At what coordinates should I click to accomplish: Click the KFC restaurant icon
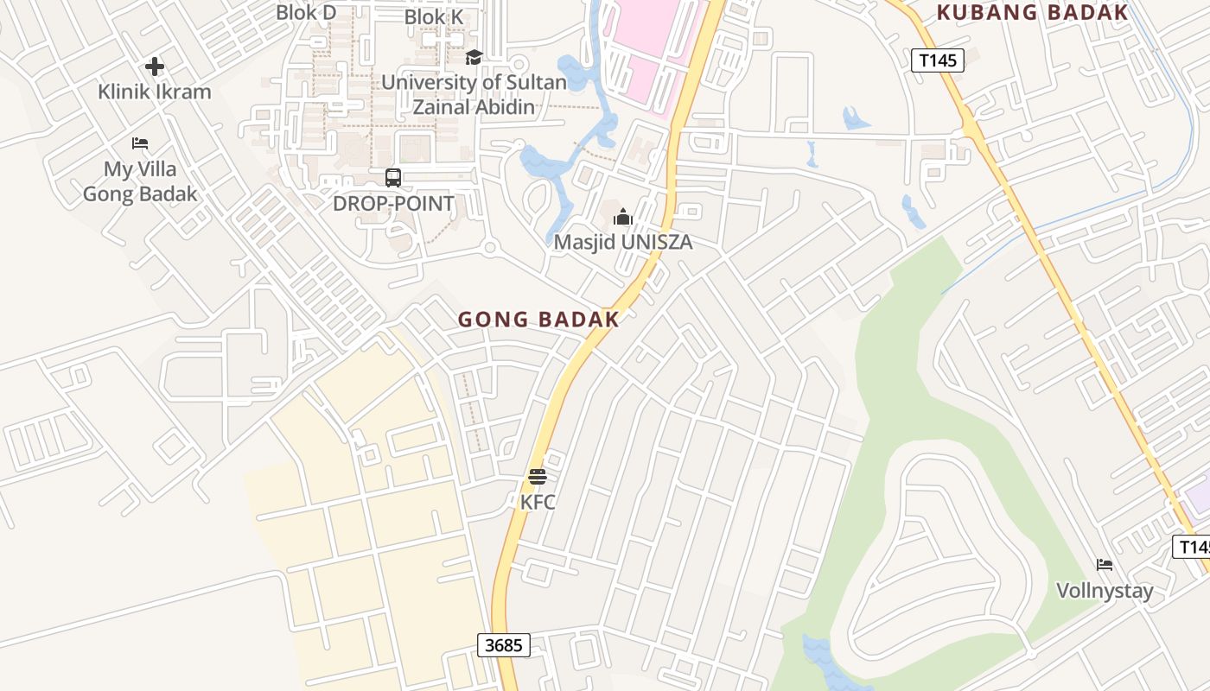pos(537,476)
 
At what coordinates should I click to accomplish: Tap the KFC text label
pos(537,501)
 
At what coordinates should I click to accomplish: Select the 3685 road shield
pos(503,644)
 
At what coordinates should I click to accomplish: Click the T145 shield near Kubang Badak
pos(937,60)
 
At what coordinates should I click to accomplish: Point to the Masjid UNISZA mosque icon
pos(622,217)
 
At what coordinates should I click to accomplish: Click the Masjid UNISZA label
pos(622,242)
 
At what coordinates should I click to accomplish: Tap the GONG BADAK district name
pos(538,320)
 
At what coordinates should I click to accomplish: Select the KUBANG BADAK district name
pos(1032,12)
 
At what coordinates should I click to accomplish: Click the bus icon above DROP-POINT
pos(393,178)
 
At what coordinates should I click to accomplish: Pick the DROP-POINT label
pos(393,204)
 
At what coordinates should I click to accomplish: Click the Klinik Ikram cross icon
pos(155,67)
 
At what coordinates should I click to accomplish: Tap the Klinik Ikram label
pos(154,92)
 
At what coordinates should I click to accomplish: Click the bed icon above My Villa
pos(140,143)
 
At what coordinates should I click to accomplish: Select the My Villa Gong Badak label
pos(140,181)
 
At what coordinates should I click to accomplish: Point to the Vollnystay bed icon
pos(1105,565)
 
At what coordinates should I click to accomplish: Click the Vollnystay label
pos(1105,591)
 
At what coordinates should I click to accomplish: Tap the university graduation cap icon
pos(474,57)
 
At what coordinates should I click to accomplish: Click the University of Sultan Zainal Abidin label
pos(474,95)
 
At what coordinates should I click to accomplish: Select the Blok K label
pos(434,16)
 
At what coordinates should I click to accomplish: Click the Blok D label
pos(306,12)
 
